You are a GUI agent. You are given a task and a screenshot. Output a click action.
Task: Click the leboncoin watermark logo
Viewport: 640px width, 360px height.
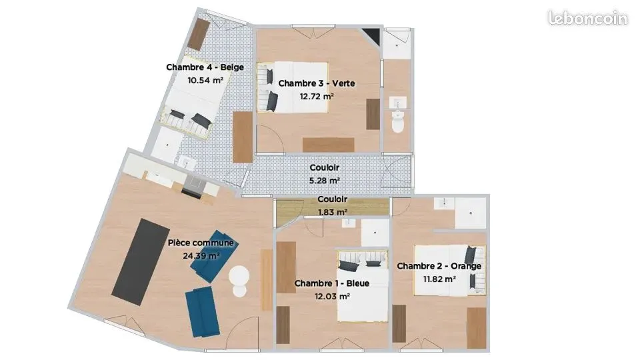pyautogui.click(x=588, y=18)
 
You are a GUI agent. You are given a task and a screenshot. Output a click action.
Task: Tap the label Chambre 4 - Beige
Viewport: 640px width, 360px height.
pyautogui.click(x=205, y=67)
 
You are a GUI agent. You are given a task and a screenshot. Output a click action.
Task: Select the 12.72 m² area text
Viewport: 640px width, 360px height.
pyautogui.click(x=317, y=96)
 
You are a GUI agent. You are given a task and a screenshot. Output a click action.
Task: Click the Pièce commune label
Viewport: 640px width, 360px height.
pyautogui.click(x=201, y=243)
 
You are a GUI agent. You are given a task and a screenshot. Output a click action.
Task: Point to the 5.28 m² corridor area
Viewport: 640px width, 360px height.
pyautogui.click(x=325, y=181)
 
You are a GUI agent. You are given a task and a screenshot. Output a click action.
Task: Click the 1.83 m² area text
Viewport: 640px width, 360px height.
pyautogui.click(x=332, y=212)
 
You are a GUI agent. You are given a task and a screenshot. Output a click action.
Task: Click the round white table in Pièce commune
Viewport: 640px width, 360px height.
pyautogui.click(x=239, y=276)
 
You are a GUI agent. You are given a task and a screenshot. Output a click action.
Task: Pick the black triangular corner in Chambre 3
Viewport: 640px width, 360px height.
pyautogui.click(x=372, y=34)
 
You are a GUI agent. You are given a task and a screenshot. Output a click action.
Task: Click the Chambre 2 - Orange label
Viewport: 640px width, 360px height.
pyautogui.click(x=439, y=266)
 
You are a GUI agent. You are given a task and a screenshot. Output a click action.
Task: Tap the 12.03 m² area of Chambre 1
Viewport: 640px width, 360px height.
pyautogui.click(x=332, y=296)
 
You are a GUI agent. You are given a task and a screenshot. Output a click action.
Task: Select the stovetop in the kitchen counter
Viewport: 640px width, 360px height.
pyautogui.click(x=193, y=187)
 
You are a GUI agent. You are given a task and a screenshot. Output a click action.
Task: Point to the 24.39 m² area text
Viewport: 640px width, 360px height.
pyautogui.click(x=201, y=256)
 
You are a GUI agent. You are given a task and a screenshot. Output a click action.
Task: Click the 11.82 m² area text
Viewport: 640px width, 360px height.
pyautogui.click(x=439, y=279)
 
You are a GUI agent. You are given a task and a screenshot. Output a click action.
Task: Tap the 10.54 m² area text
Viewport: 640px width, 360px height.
pyautogui.click(x=205, y=81)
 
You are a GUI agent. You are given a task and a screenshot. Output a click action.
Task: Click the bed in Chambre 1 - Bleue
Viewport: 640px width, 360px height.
pyautogui.click(x=363, y=286)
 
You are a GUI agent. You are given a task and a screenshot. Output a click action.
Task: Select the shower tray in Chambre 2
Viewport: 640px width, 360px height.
pyautogui.click(x=471, y=213)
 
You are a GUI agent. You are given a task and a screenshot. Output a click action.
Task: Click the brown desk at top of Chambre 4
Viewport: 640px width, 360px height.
pyautogui.click(x=199, y=35)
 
